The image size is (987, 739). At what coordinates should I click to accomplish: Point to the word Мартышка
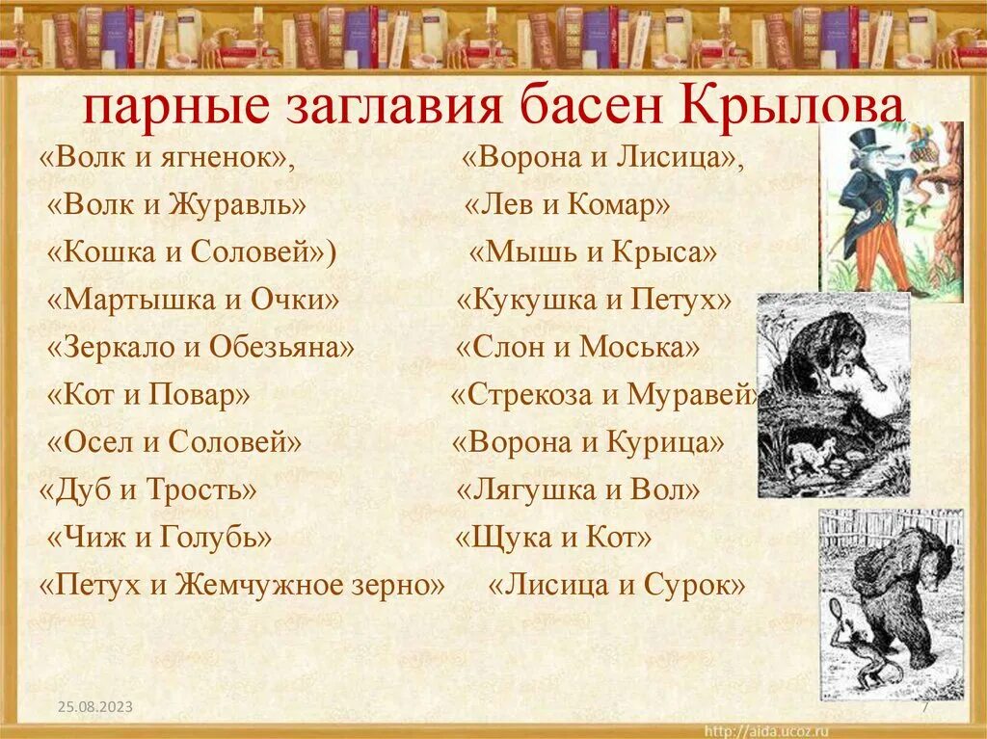[131, 300]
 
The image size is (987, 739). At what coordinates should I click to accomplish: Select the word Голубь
[217, 537]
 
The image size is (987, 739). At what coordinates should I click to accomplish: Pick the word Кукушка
[528, 300]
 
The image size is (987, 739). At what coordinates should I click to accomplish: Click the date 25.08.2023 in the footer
[93, 708]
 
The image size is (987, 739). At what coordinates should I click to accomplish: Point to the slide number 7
[924, 708]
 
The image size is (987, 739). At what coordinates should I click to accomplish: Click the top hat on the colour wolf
[866, 137]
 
